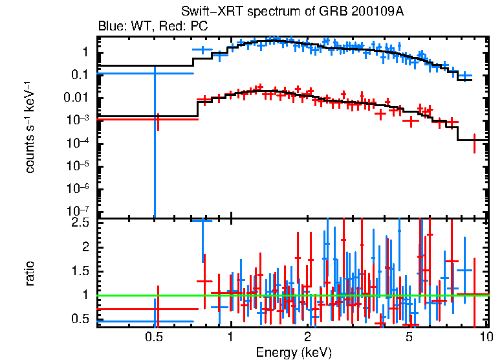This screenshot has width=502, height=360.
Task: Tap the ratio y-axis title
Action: click(30, 274)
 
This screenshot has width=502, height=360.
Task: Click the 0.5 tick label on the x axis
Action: click(153, 337)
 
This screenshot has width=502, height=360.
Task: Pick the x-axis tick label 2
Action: click(307, 337)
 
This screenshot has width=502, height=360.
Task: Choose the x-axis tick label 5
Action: click(409, 337)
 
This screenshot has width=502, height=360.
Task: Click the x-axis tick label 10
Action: click(486, 337)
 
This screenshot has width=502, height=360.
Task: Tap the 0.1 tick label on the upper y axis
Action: click(80, 75)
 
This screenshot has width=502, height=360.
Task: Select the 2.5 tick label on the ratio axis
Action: click(80, 223)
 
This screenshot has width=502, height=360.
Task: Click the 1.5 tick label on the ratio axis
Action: click(80, 271)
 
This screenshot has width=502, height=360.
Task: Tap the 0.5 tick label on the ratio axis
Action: click(80, 319)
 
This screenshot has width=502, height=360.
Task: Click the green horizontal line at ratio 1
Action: click(291, 296)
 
